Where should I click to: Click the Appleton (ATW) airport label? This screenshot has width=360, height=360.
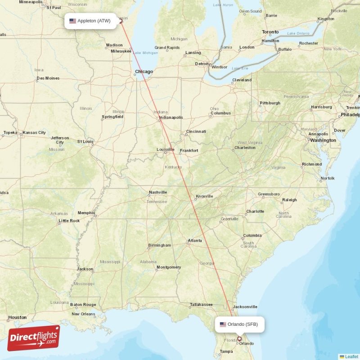[94, 21]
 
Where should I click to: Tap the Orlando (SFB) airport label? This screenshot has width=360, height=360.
[243, 324]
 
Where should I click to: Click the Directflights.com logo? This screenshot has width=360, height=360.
[33, 338]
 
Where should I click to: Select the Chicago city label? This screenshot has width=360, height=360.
[144, 72]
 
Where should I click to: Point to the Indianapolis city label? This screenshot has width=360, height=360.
[171, 118]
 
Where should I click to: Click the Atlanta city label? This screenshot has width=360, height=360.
[195, 240]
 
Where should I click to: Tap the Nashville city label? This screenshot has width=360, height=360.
[157, 193]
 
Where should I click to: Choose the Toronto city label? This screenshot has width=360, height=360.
[270, 32]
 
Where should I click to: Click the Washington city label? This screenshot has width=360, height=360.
[323, 140]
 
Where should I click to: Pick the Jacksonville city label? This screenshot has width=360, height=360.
[245, 307]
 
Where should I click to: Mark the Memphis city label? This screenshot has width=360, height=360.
[86, 213]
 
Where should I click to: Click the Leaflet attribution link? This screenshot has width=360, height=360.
[351, 356]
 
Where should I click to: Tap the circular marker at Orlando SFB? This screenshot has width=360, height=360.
[239, 339]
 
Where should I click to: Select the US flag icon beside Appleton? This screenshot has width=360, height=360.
[72, 21]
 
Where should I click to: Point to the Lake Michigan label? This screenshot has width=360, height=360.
[145, 53]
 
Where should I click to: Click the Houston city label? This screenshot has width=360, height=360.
[17, 317]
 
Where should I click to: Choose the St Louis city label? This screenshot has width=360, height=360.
[85, 141]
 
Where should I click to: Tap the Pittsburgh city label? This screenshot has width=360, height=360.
[270, 103]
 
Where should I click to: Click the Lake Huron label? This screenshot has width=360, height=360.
[223, 4]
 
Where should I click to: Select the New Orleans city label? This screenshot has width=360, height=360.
[83, 314]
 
